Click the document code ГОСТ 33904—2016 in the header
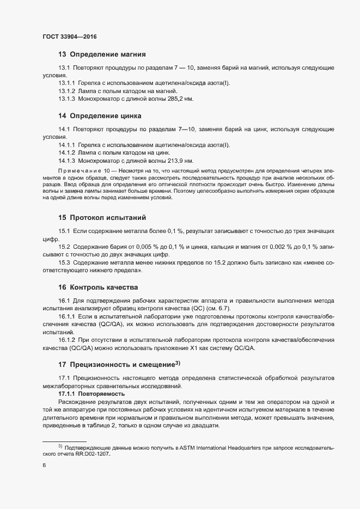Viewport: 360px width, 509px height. click(x=70, y=36)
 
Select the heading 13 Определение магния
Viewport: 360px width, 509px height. click(x=102, y=54)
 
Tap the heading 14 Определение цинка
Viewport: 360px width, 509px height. click(x=100, y=116)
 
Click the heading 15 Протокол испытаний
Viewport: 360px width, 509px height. click(x=102, y=218)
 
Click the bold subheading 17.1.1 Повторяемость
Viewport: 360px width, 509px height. click(x=91, y=393)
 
